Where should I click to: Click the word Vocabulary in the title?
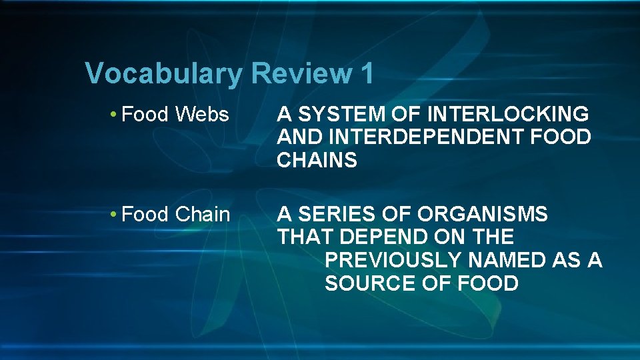click(x=165, y=74)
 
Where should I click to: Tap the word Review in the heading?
click(x=300, y=73)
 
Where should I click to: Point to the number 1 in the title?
click(x=367, y=73)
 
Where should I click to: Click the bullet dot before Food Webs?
click(x=115, y=115)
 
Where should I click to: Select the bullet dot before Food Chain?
click(x=115, y=215)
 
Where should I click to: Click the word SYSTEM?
click(x=332, y=115)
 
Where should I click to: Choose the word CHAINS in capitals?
click(x=317, y=161)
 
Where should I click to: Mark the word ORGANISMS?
click(x=483, y=215)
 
